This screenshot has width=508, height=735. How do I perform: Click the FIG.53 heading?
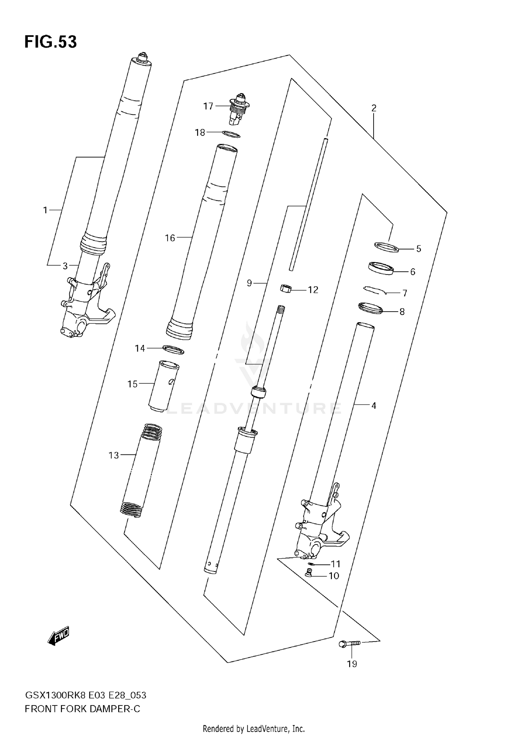pyautogui.click(x=50, y=42)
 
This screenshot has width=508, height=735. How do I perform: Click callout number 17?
pyautogui.click(x=208, y=106)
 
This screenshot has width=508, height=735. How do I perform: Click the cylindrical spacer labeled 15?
pyautogui.click(x=164, y=386)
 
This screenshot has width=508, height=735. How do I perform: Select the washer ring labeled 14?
pyautogui.click(x=173, y=350)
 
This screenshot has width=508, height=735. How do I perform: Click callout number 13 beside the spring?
pyautogui.click(x=114, y=455)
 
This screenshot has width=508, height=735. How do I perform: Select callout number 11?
pyautogui.click(x=335, y=564)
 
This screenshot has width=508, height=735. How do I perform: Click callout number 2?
pyautogui.click(x=374, y=108)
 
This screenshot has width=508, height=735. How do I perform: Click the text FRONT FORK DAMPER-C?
pyautogui.click(x=82, y=709)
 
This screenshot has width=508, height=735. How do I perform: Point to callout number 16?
pyautogui.click(x=170, y=238)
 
